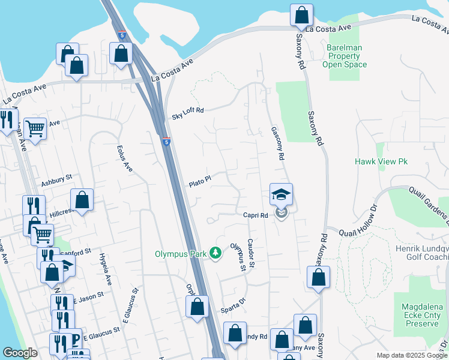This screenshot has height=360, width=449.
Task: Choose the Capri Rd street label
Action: click(255, 215)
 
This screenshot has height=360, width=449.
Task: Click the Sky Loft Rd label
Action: click(188, 111)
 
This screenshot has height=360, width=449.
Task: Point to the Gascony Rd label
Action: click(277, 143)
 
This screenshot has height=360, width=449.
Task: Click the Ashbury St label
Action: click(56, 178)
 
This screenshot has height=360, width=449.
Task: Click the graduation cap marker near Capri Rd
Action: click(281, 194)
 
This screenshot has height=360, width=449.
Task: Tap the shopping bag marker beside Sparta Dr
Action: click(197, 307)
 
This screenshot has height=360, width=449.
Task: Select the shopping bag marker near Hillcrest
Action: click(82, 200)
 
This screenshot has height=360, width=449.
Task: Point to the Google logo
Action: click(20, 353)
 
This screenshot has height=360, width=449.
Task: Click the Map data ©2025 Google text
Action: click(412, 355)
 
